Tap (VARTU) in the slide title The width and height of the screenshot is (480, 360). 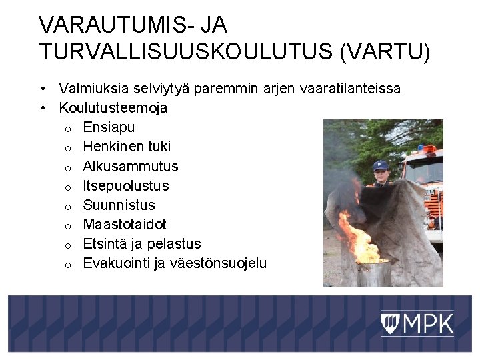point(385,51)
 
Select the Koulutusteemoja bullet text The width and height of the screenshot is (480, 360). point(113,107)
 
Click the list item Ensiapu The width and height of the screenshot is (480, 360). point(109,127)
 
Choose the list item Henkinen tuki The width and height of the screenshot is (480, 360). point(127,146)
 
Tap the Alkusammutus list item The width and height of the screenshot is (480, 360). point(131,166)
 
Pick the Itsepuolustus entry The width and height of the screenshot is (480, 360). point(126,185)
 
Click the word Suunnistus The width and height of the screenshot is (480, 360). point(119,205)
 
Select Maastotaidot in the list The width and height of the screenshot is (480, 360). point(125,224)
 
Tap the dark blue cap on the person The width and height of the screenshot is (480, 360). point(381,165)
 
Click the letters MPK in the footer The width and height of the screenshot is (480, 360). point(427,324)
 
